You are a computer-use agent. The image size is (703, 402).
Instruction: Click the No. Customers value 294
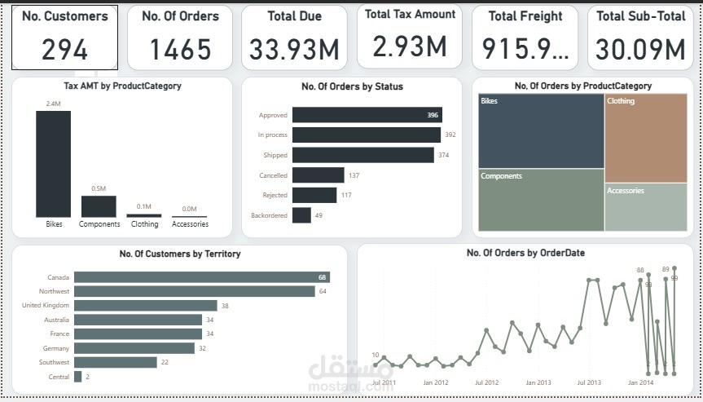point(64,51)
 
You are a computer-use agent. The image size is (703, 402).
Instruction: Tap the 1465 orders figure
point(180,51)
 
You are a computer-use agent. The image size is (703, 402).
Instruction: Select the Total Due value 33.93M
point(294,51)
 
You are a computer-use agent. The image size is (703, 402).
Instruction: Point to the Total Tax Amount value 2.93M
point(410,46)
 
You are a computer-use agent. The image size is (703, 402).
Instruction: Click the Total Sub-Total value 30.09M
point(639,51)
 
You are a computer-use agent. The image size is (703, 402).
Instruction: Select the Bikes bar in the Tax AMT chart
point(53,163)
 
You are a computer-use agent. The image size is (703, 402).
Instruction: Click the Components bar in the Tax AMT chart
point(99,205)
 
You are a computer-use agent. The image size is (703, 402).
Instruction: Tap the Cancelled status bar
point(319,175)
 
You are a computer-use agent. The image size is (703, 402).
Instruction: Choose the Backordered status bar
point(301,215)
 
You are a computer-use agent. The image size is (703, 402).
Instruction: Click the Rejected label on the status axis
point(275,195)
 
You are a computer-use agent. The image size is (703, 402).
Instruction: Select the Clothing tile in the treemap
point(646,137)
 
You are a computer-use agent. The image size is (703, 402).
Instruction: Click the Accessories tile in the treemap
point(646,207)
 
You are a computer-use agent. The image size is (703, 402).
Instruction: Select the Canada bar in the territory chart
point(201,277)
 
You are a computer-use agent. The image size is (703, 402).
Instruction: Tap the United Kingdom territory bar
point(145,306)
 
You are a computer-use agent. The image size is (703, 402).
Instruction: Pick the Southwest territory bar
point(115,362)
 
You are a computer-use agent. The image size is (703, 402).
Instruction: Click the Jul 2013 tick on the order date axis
point(589,382)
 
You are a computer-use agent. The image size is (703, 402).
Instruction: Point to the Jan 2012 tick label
point(436,382)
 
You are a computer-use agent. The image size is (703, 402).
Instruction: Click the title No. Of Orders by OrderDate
point(525,253)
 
